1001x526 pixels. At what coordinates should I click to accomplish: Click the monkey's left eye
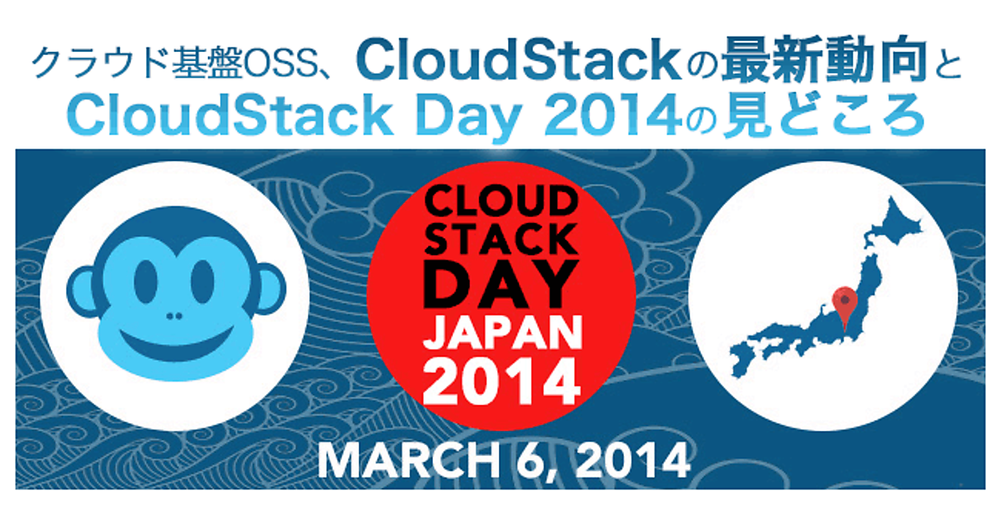coord(146,282)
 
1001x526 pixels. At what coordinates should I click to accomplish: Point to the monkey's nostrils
coord(174,316)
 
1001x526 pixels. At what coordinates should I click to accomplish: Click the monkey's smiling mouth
coord(177,344)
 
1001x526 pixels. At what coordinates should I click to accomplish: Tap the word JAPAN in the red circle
coord(502,333)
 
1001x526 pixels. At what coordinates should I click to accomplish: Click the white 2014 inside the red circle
coord(501,382)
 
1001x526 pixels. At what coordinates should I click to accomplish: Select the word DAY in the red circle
coord(500,285)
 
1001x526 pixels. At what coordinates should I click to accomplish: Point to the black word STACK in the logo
coord(501,240)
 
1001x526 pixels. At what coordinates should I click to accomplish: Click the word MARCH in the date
coord(408,461)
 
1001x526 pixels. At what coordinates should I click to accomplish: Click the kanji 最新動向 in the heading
coord(824,61)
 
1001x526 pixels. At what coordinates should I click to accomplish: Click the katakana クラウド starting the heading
coord(101,63)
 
